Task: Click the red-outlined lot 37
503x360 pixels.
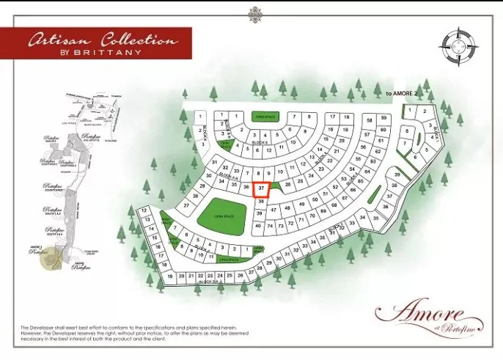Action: tap(261, 189)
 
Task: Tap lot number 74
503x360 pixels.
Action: tap(269, 226)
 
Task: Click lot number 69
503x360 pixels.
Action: tap(323, 210)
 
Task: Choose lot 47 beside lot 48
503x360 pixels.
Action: tap(273, 210)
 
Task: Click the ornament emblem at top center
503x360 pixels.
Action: tap(255, 14)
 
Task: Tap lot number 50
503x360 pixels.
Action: tap(315, 199)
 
